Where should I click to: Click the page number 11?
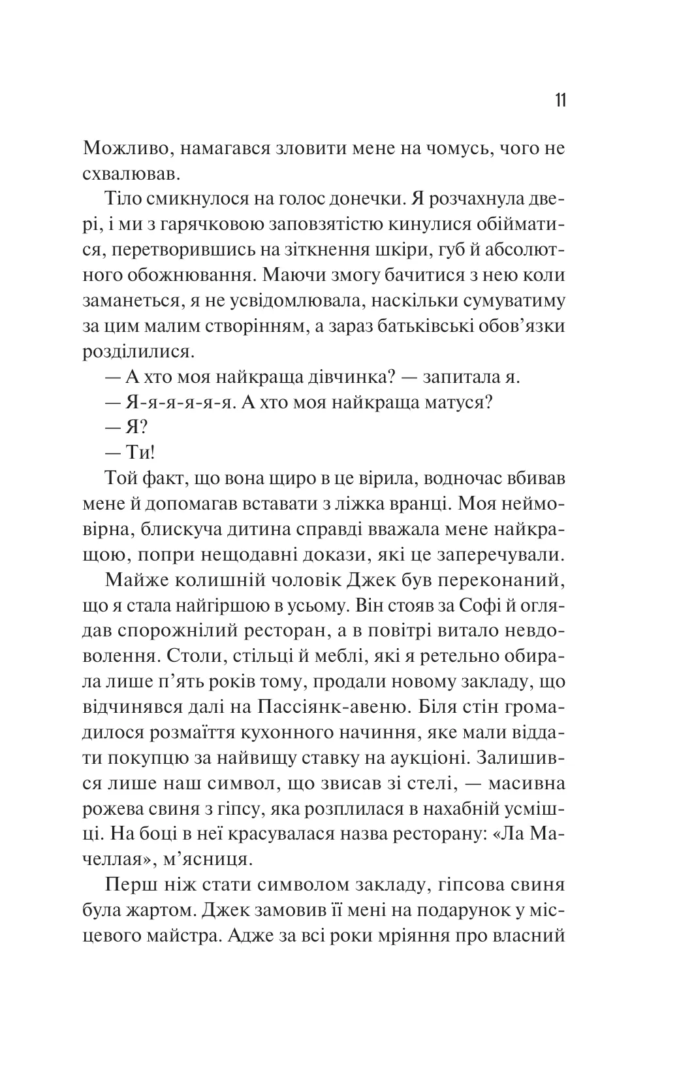point(560,101)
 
